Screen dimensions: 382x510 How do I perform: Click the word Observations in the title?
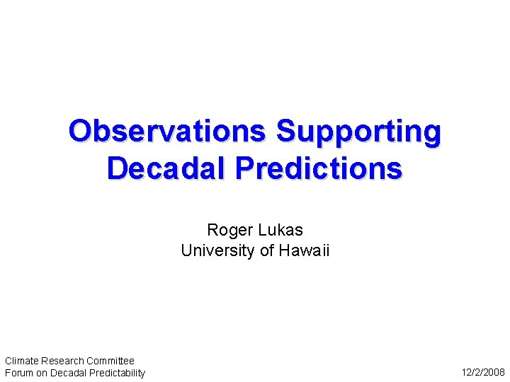(x=166, y=132)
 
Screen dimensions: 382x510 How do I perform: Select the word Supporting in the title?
(x=358, y=132)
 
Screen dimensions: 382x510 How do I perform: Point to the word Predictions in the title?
(x=319, y=168)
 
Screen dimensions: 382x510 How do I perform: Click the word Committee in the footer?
(x=110, y=361)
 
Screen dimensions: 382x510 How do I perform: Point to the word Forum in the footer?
(x=18, y=373)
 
